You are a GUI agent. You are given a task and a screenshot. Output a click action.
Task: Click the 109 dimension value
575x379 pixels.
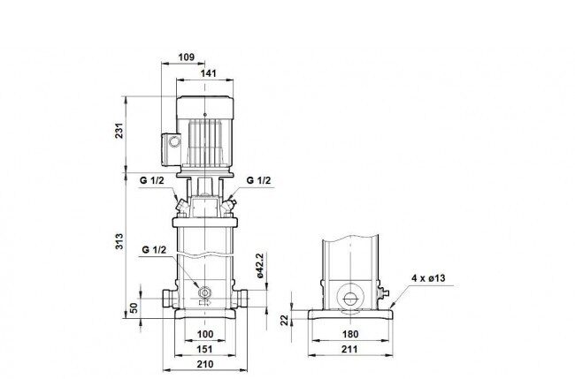[187, 57]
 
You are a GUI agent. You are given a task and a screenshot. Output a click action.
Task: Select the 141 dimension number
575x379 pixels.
[208, 73]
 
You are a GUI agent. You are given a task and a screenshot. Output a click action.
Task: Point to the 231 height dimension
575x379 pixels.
[119, 131]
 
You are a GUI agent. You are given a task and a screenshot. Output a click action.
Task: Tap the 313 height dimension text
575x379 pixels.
[119, 241]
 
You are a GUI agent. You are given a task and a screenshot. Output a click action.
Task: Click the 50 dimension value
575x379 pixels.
[134, 307]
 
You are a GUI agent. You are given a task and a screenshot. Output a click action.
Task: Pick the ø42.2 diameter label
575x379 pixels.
[260, 266]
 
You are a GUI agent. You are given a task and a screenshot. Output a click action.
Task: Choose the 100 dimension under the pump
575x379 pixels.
[205, 334]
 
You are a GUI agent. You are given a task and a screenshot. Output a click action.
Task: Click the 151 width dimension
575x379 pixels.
[204, 349]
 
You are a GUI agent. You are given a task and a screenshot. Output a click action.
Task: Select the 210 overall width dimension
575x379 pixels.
[205, 364]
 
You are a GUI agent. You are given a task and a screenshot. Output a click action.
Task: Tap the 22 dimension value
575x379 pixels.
[285, 321]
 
